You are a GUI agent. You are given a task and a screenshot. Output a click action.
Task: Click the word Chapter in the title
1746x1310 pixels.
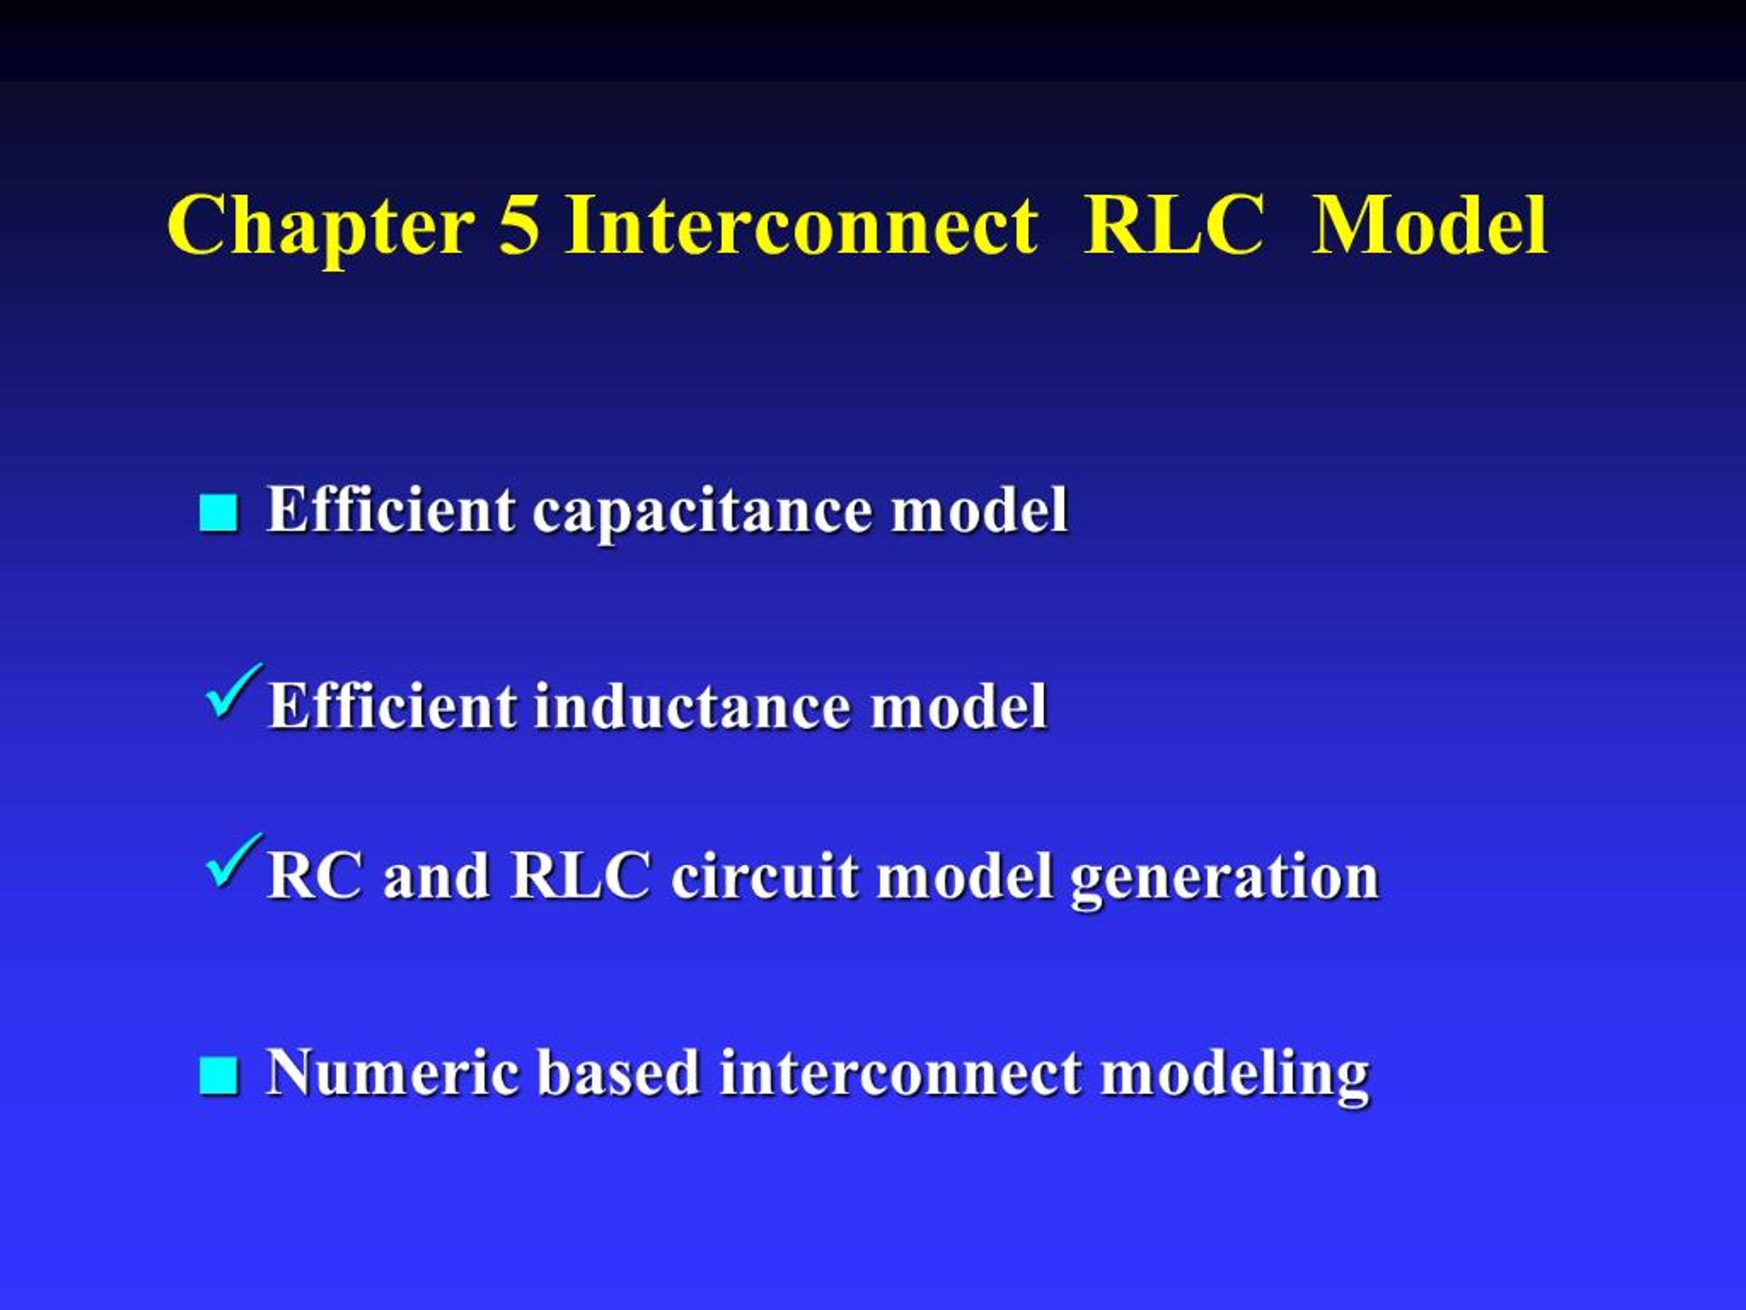321,227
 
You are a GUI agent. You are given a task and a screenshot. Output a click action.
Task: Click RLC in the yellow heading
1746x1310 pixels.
1174,225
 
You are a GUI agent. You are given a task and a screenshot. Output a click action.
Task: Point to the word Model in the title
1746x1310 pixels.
1430,225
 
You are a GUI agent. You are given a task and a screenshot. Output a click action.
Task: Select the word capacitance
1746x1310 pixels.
703,512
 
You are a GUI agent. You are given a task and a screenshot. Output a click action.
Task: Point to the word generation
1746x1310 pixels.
1224,879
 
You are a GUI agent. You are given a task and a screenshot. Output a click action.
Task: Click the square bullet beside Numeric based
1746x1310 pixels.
219,1075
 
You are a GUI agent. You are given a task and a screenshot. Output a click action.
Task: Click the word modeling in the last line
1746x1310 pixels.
1235,1076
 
